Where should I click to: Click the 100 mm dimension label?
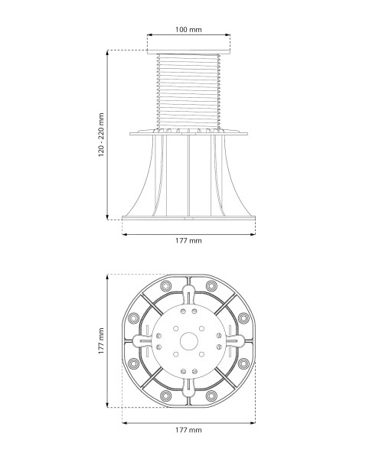click(x=188, y=30)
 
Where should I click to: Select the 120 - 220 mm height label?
click(x=101, y=135)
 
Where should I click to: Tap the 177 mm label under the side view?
click(x=188, y=241)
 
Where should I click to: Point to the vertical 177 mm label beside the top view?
click(x=101, y=341)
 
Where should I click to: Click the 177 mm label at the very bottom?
click(x=188, y=430)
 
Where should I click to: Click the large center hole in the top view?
click(x=189, y=341)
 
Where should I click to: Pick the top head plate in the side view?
click(x=188, y=52)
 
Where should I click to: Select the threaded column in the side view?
click(x=188, y=92)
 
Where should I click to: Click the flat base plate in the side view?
click(x=188, y=218)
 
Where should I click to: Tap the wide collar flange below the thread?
click(x=188, y=134)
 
